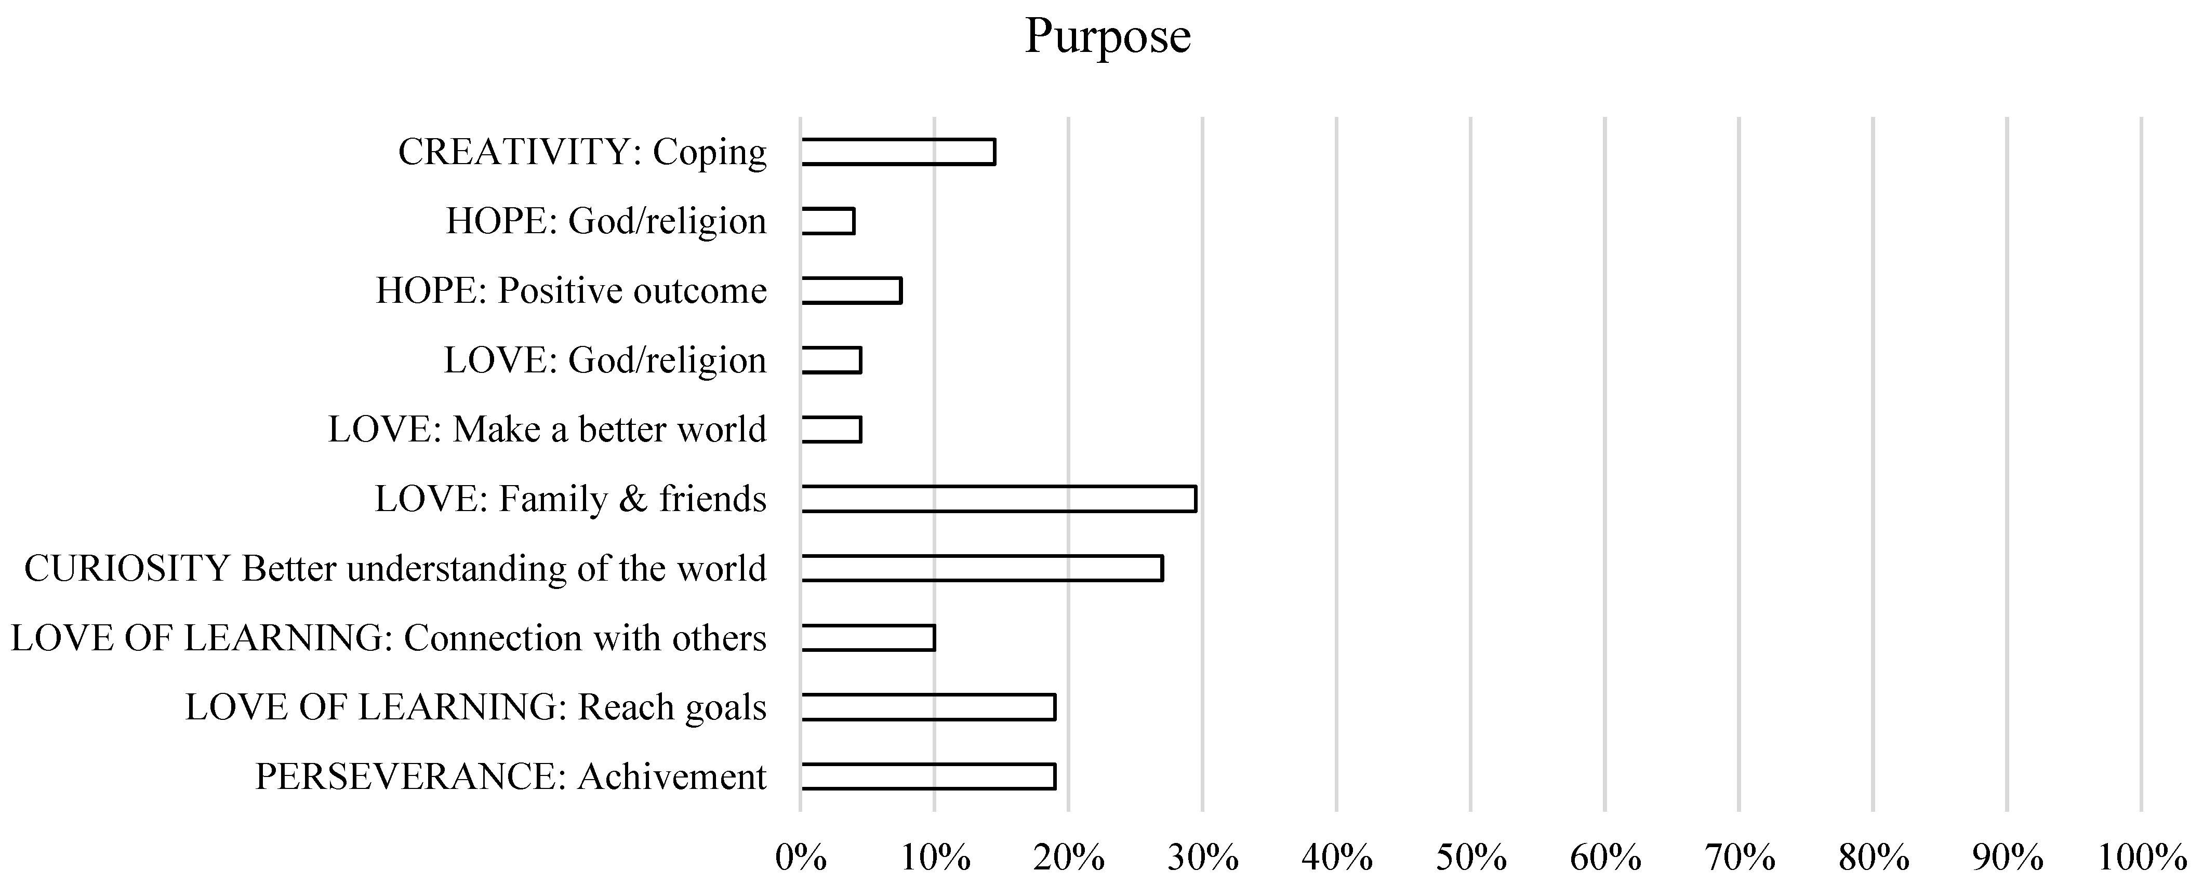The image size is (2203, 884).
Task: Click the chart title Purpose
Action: [x=1108, y=36]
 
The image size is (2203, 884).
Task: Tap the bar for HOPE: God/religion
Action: [x=828, y=221]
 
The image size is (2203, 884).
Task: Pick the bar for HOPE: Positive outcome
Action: [x=851, y=291]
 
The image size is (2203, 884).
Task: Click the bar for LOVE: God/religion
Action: [x=831, y=360]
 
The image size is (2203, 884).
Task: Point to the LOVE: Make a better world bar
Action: [x=831, y=429]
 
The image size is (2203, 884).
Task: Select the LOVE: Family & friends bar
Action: [x=998, y=499]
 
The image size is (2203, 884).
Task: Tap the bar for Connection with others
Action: [x=868, y=638]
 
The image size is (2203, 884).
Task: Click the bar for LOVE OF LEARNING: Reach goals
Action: [x=928, y=707]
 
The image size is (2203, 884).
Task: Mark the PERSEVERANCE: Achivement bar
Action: [x=928, y=776]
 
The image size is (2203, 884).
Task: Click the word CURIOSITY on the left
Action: [x=127, y=569]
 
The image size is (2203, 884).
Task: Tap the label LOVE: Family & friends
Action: [x=570, y=499]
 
